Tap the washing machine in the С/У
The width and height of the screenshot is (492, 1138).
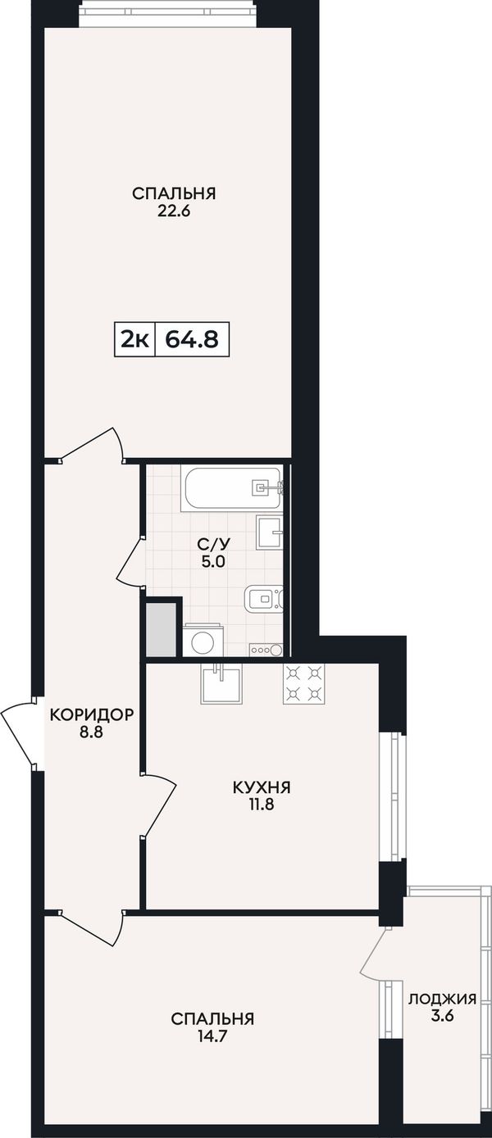point(203,641)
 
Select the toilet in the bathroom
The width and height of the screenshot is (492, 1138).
point(264,598)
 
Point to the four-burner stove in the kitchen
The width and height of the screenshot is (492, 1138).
point(303,684)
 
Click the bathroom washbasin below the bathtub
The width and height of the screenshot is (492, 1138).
point(270,532)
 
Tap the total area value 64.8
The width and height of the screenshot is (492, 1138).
point(192,339)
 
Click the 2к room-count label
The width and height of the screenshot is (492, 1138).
point(134,339)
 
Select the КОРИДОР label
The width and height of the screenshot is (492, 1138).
point(92,714)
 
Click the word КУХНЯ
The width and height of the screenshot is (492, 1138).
point(262,787)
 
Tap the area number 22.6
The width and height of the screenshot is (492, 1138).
point(174,211)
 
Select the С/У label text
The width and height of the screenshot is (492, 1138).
point(213,545)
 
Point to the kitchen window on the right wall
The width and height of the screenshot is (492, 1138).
point(394,796)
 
